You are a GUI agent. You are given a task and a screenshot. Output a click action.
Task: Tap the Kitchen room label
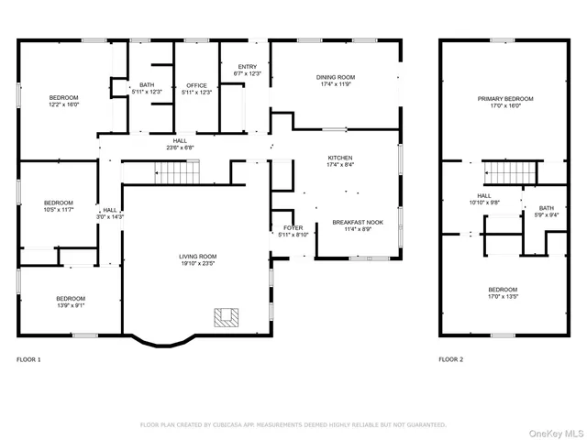coord(340,158)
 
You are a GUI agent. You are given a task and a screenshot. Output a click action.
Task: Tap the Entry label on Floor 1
coord(248,66)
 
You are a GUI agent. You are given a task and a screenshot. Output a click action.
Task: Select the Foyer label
coord(293,227)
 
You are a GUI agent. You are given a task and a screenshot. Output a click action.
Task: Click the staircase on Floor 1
coord(175,170)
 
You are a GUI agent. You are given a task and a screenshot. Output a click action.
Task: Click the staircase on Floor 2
coord(503,170)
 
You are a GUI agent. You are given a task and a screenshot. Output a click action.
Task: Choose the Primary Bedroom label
coord(504,98)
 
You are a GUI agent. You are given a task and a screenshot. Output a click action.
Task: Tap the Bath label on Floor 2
coord(547,208)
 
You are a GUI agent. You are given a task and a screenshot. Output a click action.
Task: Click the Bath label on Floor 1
coord(147,84)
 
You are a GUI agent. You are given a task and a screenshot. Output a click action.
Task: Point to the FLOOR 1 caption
coord(28,359)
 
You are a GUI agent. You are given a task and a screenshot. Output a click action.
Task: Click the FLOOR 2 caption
coord(450,359)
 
